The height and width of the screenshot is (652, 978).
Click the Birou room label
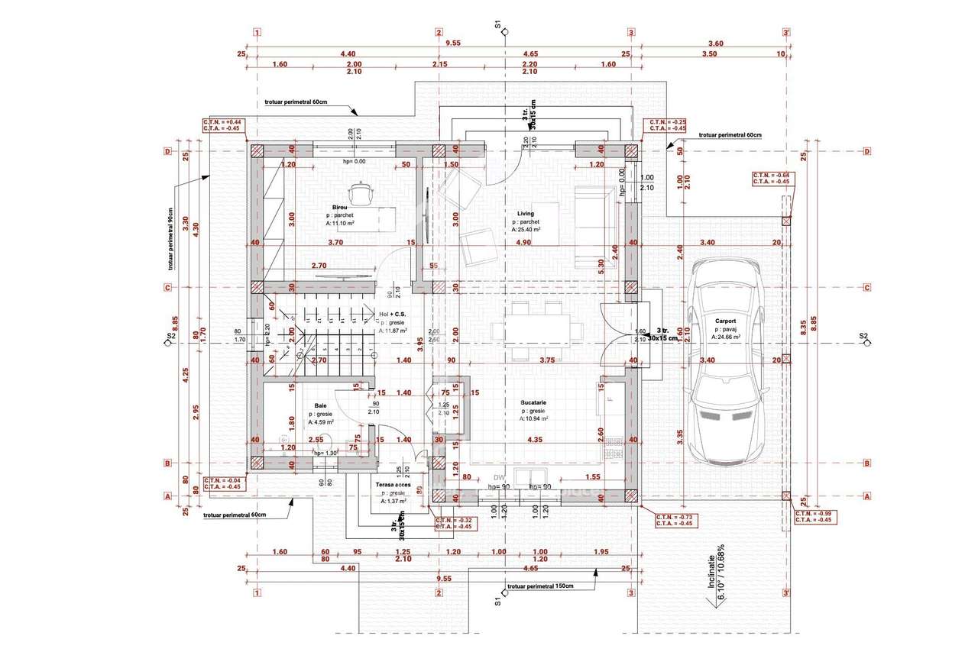(x=340, y=208)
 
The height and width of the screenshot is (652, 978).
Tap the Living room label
(x=526, y=214)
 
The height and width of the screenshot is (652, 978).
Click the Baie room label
(x=320, y=406)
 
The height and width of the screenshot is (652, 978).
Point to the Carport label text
(x=727, y=321)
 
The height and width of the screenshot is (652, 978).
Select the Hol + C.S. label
(x=393, y=314)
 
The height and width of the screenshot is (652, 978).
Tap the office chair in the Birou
(x=360, y=194)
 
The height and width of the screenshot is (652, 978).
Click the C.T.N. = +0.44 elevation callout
(x=222, y=125)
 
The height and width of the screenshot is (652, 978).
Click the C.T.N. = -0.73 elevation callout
(x=675, y=520)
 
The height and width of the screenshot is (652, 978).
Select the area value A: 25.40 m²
(x=526, y=229)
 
